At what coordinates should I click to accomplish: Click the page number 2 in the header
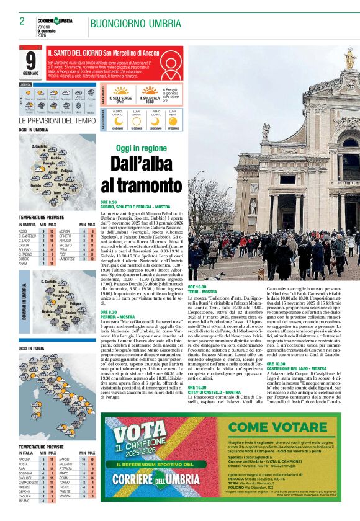click(22, 21)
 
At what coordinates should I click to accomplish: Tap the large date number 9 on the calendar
click(31, 60)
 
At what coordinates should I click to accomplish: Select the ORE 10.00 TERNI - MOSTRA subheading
click(202, 289)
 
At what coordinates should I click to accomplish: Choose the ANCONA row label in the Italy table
click(25, 460)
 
